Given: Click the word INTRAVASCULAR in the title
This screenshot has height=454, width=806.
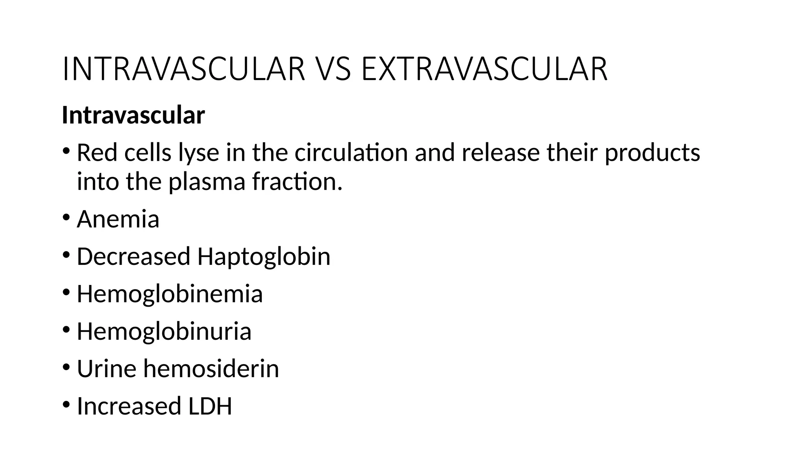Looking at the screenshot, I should [x=184, y=69].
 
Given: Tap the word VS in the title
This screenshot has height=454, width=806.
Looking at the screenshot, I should [x=333, y=69].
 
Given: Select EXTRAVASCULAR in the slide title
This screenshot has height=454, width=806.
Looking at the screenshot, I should [x=484, y=69].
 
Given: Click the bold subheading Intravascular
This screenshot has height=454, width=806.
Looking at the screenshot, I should [x=133, y=115].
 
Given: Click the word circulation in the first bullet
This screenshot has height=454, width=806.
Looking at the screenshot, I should [x=351, y=153].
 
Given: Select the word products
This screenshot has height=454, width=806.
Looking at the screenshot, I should [x=652, y=153].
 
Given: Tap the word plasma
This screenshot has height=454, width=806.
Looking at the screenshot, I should [x=207, y=182].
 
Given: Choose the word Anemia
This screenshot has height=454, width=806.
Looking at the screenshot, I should [x=118, y=219].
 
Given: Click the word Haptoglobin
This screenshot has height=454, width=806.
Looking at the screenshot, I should [x=264, y=257].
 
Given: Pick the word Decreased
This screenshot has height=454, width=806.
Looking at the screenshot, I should [x=133, y=257].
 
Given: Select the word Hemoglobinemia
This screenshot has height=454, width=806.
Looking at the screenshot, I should [x=170, y=294].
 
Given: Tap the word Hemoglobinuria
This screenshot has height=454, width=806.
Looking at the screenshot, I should [x=164, y=331].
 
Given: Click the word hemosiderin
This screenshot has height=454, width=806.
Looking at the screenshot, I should [x=211, y=369].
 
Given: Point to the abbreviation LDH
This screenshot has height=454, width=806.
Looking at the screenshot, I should [x=210, y=406].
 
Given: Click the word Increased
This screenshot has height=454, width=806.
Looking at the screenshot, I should [x=129, y=406].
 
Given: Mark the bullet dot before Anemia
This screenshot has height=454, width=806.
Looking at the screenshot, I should [x=66, y=217].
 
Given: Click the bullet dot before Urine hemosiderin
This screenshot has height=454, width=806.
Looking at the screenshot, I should [x=66, y=367].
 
